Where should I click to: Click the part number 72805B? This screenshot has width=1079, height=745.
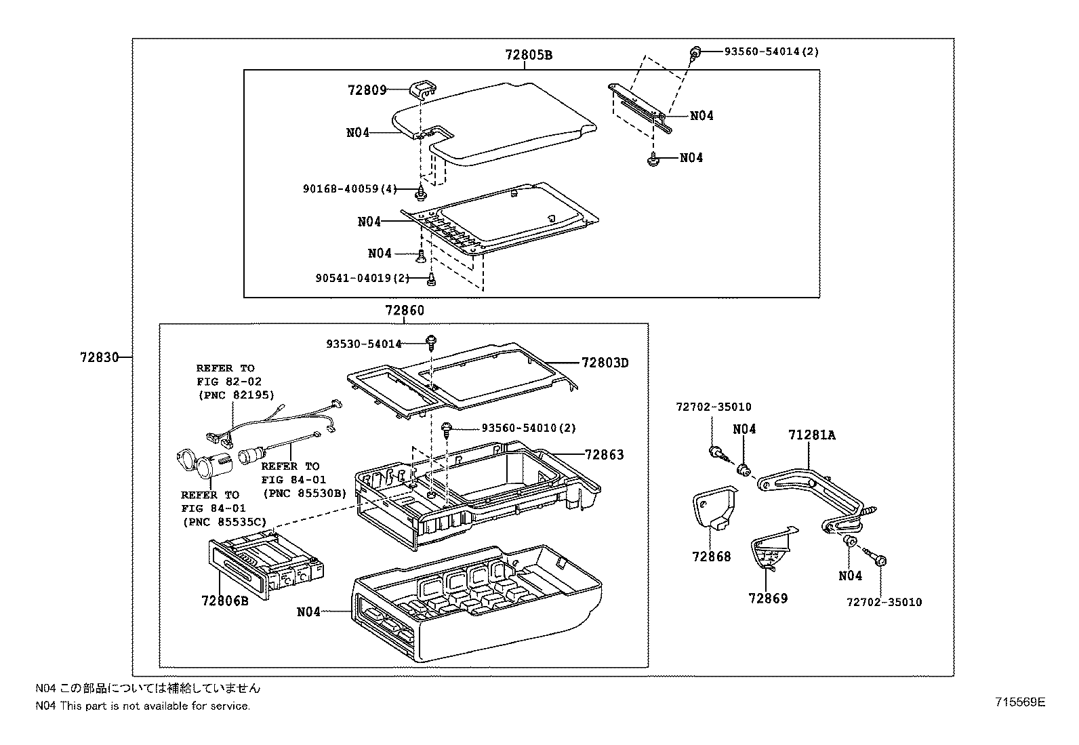click(528, 55)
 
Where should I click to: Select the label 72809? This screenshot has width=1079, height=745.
click(367, 89)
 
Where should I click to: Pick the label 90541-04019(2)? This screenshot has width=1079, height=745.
click(363, 277)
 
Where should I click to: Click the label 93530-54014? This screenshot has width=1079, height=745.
click(363, 344)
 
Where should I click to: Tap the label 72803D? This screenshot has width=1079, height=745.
click(605, 363)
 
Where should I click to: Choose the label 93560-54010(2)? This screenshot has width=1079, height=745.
click(529, 428)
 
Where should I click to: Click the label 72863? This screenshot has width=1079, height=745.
click(604, 454)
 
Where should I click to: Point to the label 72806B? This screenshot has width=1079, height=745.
click(225, 600)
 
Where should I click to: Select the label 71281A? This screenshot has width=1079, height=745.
click(811, 435)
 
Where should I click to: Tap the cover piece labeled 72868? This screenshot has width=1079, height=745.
click(714, 509)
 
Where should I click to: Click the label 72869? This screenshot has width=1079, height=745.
click(768, 598)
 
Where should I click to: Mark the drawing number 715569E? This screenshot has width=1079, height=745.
click(1020, 702)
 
